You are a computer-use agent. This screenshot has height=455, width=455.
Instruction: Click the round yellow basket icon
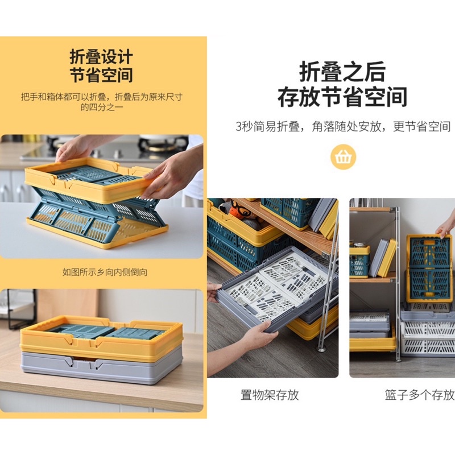pyautogui.click(x=344, y=157)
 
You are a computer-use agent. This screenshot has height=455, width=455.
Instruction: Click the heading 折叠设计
pyautogui.click(x=101, y=56)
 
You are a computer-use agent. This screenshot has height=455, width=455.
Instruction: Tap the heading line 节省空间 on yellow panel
pyautogui.click(x=101, y=75)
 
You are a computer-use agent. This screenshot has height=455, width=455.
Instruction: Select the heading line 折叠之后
pyautogui.click(x=343, y=72)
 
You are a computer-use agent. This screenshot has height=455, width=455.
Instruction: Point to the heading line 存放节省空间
pyautogui.click(x=343, y=97)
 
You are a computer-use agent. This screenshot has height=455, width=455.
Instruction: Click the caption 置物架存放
pyautogui.click(x=270, y=395)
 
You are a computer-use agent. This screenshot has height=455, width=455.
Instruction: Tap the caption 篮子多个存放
pyautogui.click(x=420, y=395)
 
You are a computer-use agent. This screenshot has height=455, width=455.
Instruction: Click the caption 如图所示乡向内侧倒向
pyautogui.click(x=105, y=272)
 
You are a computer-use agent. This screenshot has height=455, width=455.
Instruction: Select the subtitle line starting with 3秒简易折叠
pyautogui.click(x=343, y=126)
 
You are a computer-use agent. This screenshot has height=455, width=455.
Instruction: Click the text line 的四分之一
pyautogui.click(x=102, y=107)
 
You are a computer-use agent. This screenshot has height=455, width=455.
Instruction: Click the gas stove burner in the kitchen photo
pyautogui.click(x=163, y=143)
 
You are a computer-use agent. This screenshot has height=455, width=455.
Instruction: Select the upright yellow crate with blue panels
pyautogui.click(x=429, y=268)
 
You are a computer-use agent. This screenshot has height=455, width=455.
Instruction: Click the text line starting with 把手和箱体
pyautogui.click(x=102, y=97)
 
